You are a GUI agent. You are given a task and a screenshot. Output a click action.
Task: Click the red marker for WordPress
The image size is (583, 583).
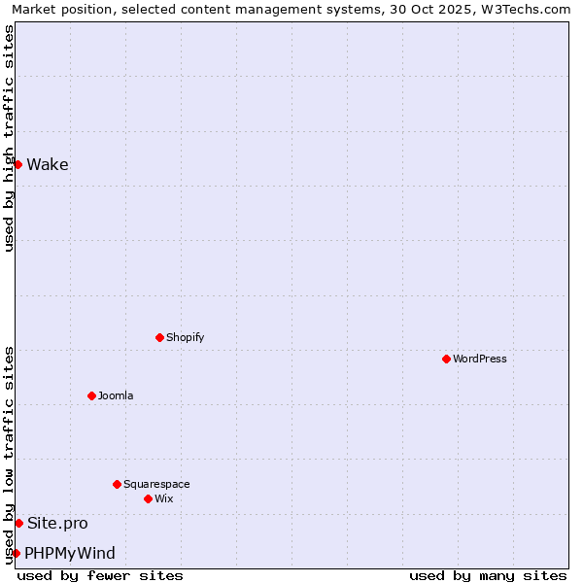click(x=446, y=359)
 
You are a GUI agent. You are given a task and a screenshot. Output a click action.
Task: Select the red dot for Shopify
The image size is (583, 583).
click(x=159, y=337)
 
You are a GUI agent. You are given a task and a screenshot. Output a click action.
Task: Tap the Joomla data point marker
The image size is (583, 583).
click(x=91, y=395)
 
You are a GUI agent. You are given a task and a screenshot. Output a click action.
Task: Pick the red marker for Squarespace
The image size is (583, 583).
click(x=117, y=484)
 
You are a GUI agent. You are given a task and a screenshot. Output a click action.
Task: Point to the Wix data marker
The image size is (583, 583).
click(x=148, y=498)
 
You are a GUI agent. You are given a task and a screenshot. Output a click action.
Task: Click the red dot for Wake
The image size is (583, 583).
click(x=17, y=164)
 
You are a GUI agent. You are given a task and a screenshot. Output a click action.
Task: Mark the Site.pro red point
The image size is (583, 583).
click(x=18, y=523)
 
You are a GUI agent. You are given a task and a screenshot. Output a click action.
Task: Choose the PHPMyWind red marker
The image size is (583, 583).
click(x=16, y=553)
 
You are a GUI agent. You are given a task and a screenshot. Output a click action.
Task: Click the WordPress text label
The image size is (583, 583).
click(x=479, y=359)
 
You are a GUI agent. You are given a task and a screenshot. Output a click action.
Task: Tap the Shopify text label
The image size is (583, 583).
click(x=185, y=337)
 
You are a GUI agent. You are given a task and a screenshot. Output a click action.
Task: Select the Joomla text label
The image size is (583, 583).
click(x=116, y=395)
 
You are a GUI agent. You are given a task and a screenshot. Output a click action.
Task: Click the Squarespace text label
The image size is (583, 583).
click(x=156, y=484)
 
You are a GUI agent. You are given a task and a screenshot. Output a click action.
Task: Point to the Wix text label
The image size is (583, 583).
click(x=163, y=498)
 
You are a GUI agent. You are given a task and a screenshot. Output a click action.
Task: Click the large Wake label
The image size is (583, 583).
click(x=48, y=164)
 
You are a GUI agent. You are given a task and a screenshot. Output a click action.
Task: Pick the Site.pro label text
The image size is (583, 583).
click(x=57, y=523)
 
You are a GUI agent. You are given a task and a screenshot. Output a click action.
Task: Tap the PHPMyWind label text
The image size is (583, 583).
click(x=70, y=553)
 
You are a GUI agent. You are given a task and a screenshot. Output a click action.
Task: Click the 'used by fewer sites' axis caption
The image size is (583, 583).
click(x=100, y=575)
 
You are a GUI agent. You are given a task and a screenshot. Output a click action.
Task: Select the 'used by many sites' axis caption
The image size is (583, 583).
click(x=488, y=575)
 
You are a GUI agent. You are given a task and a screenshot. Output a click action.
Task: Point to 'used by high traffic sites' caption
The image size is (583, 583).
click(x=9, y=138)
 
